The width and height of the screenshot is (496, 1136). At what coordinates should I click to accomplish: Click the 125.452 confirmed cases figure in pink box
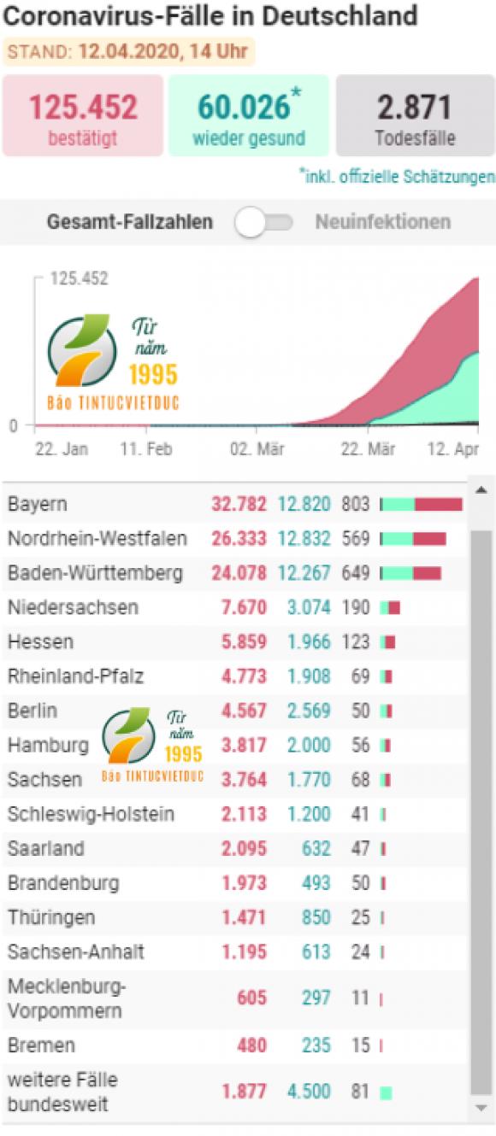pos(83,107)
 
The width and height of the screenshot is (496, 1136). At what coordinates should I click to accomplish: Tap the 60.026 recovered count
pos(244,107)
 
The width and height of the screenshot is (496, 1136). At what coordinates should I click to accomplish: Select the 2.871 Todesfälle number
pos(414,108)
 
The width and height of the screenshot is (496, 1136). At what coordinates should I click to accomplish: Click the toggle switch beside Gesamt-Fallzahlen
pos(263,222)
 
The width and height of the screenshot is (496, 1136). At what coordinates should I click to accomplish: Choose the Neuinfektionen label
pos(383,221)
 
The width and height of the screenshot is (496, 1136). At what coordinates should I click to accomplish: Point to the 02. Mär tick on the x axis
pos(257,448)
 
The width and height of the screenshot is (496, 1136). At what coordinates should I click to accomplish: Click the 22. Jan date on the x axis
pos(62,448)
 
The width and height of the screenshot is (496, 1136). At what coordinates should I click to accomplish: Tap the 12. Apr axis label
pos(453,448)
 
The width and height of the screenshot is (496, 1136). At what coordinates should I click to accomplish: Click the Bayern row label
pos(38,505)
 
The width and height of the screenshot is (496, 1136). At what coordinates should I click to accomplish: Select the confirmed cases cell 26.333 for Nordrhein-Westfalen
pos(239,539)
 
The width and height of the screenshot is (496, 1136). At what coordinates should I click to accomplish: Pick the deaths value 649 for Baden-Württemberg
pos(356,573)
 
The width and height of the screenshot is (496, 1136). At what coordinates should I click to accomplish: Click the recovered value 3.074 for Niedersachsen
pos(309,607)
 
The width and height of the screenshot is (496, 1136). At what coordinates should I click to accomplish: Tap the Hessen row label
pos(40,642)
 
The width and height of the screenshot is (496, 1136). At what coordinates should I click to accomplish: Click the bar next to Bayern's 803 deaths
pos(422,504)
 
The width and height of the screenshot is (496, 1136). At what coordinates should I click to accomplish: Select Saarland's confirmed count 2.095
pos(244,848)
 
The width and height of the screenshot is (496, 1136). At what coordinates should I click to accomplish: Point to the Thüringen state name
pos(51,917)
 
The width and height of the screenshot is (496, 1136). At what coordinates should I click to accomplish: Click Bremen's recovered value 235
pos(316,1045)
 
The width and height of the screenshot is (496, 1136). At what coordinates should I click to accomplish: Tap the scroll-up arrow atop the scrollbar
pos(481,490)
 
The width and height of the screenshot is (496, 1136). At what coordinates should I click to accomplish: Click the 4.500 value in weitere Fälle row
pos(309,1092)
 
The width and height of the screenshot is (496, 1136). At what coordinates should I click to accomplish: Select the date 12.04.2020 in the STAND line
pos(128,52)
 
